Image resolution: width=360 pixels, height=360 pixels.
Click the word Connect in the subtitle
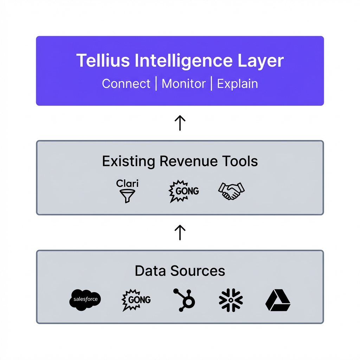pos(126,84)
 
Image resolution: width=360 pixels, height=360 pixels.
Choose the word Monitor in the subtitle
pos(184,84)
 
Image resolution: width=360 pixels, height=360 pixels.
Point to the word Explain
pos(237,84)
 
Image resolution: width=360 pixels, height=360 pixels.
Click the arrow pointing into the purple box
pos(180,123)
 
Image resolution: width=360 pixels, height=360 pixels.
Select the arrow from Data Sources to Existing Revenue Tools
pos(180,232)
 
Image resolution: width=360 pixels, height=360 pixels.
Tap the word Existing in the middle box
pos(128,161)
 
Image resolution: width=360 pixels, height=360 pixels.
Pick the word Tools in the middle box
pos(240,161)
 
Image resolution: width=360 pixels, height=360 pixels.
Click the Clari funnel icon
pos(127,195)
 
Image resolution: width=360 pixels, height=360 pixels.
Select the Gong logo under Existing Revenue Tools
pos(184,191)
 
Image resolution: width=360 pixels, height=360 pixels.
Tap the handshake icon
pos(231,191)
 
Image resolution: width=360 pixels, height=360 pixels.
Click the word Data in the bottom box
pos(150,271)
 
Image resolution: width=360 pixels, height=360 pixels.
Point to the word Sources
pos(198,271)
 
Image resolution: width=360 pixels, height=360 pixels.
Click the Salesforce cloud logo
pos(85,300)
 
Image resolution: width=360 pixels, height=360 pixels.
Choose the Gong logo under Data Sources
pos(136,300)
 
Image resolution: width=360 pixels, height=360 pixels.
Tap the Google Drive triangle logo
pos(277,301)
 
